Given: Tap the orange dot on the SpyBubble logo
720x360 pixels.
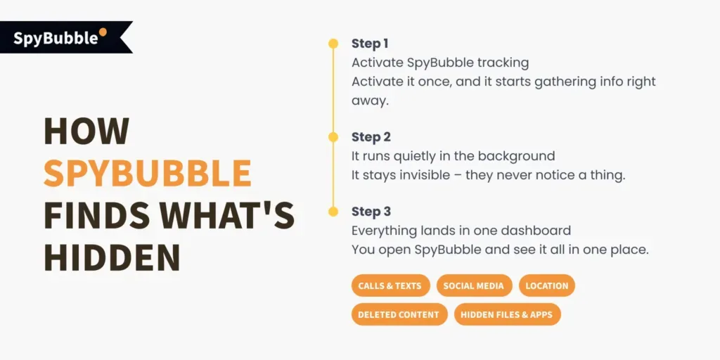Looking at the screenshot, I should pyautogui.click(x=103, y=32).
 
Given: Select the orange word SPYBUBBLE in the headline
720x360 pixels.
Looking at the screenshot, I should pyautogui.click(x=147, y=173).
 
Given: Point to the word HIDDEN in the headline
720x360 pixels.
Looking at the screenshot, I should pyautogui.click(x=112, y=257).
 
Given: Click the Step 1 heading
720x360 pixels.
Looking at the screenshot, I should pyautogui.click(x=370, y=44).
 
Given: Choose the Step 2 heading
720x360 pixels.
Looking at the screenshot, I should pyautogui.click(x=371, y=137).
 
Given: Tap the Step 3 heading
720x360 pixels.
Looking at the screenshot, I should pyautogui.click(x=371, y=212).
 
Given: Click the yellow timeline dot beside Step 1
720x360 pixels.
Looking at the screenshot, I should pyautogui.click(x=333, y=44).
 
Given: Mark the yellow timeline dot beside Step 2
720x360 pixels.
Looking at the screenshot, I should pyautogui.click(x=333, y=137).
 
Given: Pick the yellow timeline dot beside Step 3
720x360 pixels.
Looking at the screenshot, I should pyautogui.click(x=333, y=212).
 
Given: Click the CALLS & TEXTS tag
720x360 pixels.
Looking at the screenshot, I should pyautogui.click(x=390, y=286).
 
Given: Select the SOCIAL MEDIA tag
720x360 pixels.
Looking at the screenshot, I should pyautogui.click(x=473, y=286).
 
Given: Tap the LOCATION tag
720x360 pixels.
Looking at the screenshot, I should pyautogui.click(x=547, y=286).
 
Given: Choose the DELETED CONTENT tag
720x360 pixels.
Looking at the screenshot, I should pyautogui.click(x=399, y=314).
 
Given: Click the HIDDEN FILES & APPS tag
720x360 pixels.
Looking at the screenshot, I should pyautogui.click(x=507, y=314).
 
